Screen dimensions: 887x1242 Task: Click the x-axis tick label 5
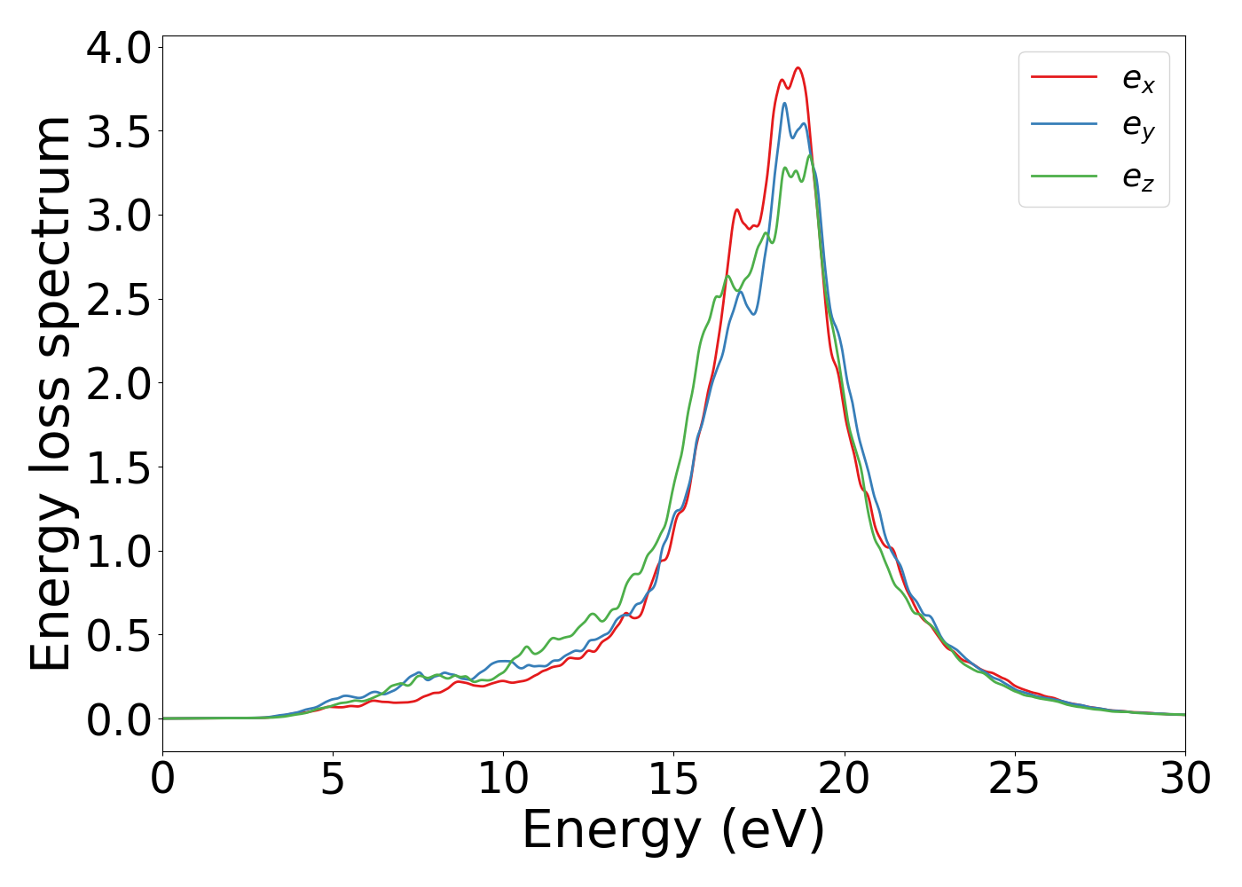tap(333, 779)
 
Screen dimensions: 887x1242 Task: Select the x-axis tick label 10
tap(503, 779)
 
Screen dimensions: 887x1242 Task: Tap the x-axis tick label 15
tap(673, 779)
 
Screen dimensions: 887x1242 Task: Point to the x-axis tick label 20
tap(844, 779)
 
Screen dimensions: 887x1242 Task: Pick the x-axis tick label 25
tap(1014, 779)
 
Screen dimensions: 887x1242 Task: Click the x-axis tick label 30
tap(1184, 779)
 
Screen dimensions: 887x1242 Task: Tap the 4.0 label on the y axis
tap(119, 48)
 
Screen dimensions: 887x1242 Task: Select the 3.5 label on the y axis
tap(119, 131)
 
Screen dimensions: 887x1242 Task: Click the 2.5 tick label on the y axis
tap(119, 300)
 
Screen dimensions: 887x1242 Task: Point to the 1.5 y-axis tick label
tap(119, 467)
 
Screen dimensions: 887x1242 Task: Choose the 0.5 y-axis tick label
tap(119, 636)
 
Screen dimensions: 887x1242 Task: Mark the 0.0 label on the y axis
tap(119, 719)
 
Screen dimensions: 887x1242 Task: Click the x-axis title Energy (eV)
tap(673, 831)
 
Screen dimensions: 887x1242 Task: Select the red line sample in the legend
tap(1064, 77)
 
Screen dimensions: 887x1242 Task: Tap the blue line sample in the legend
tap(1064, 126)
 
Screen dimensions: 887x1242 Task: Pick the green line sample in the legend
tap(1064, 176)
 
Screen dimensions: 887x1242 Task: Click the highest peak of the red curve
tap(798, 68)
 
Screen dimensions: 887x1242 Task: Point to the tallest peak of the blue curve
tap(784, 104)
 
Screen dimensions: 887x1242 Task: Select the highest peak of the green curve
tap(810, 156)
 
